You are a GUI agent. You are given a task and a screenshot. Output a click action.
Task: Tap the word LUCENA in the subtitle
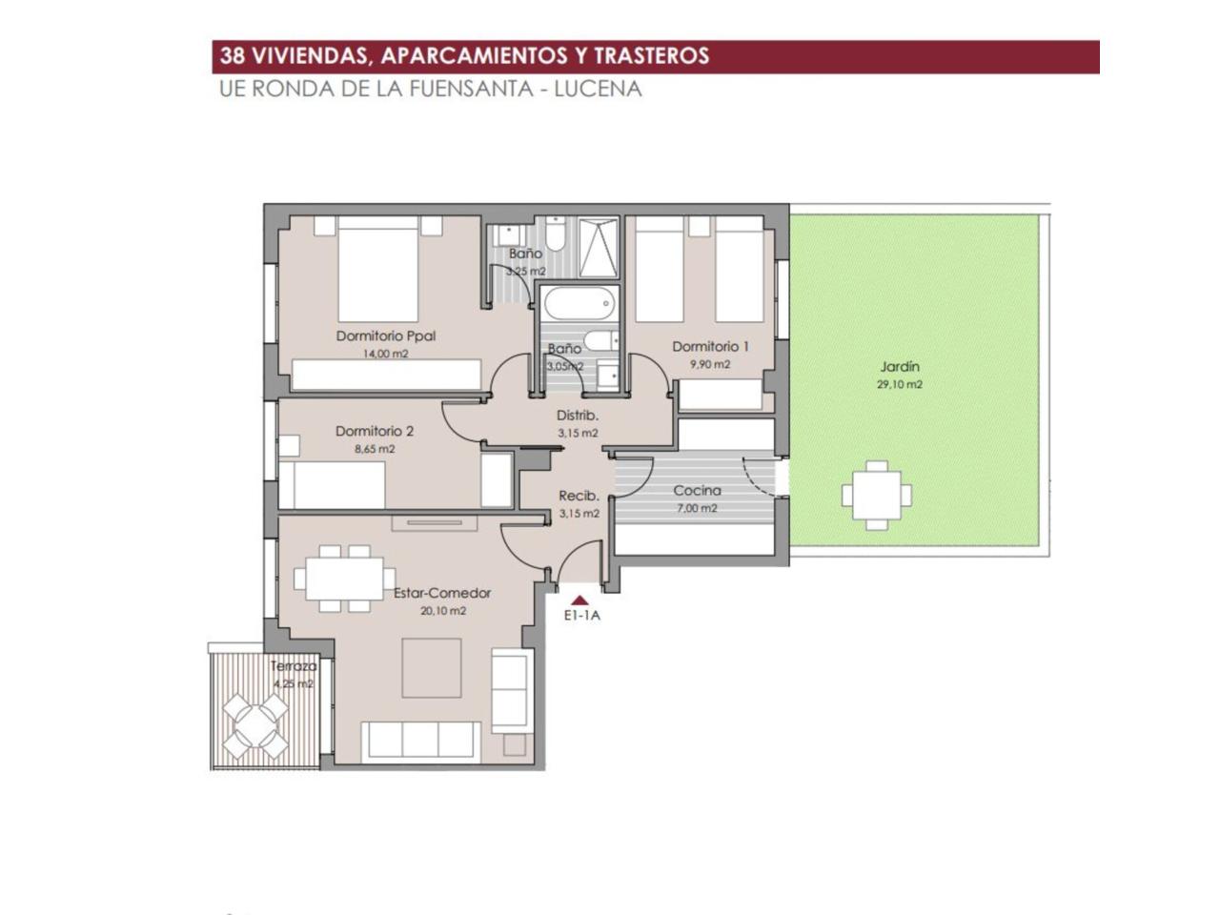pyautogui.click(x=598, y=89)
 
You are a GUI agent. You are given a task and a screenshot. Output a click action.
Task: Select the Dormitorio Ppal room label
pyautogui.click(x=386, y=336)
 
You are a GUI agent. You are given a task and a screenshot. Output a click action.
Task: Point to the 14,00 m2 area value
pyautogui.click(x=386, y=354)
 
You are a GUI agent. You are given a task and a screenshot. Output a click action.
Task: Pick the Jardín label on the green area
pyautogui.click(x=900, y=367)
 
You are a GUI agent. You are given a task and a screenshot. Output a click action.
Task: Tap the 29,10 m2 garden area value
pyautogui.click(x=900, y=384)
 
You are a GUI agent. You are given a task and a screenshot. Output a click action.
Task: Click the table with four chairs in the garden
pyautogui.click(x=877, y=495)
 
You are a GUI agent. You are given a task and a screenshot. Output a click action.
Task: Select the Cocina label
pyautogui.click(x=697, y=491)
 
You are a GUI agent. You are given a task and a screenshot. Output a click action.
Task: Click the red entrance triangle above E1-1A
pyautogui.click(x=580, y=600)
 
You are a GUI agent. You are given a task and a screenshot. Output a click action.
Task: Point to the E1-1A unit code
pyautogui.click(x=582, y=616)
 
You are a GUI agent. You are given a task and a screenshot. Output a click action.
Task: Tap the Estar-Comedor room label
pyautogui.click(x=442, y=594)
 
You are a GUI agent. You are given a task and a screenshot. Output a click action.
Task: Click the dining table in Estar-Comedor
pyautogui.click(x=345, y=578)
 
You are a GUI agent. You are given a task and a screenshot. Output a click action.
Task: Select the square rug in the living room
pyautogui.click(x=432, y=668)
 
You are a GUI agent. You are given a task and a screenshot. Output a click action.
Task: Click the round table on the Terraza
pyautogui.click(x=255, y=725)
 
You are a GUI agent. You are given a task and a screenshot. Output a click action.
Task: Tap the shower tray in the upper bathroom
pyautogui.click(x=598, y=247)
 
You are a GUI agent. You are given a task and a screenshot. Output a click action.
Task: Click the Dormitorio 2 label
pyautogui.click(x=375, y=432)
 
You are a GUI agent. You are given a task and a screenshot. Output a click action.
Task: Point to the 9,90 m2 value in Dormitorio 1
pyautogui.click(x=710, y=365)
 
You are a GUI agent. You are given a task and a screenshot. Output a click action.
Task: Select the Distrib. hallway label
pyautogui.click(x=578, y=416)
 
